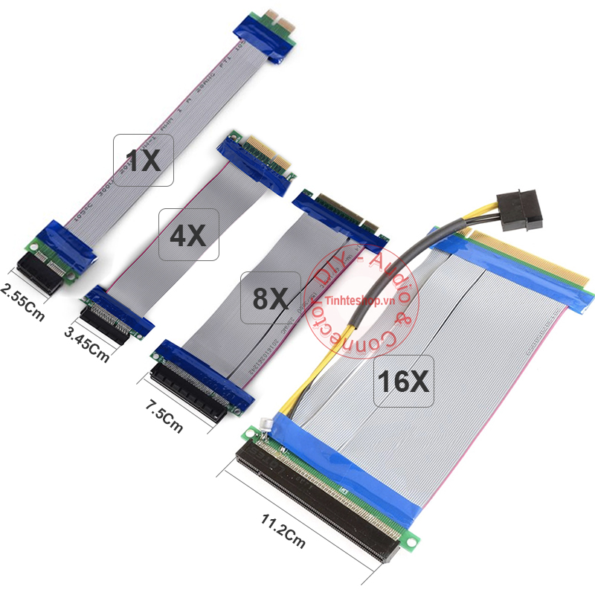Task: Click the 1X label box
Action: click(x=144, y=160)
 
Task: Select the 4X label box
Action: click(x=188, y=235)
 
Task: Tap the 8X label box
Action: click(x=270, y=297)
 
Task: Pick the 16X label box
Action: click(x=403, y=381)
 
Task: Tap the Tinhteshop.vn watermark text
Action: click(x=363, y=301)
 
